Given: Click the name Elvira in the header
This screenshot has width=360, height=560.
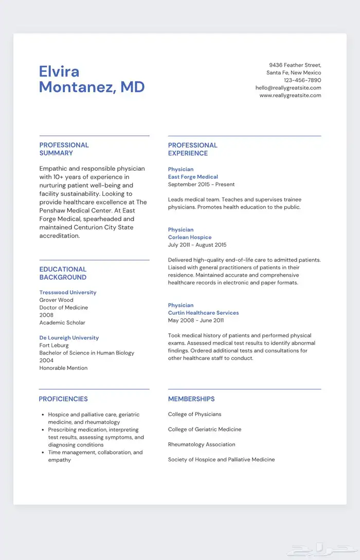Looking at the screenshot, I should [x=59, y=71].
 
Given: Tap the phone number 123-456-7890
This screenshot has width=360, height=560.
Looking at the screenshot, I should [x=302, y=80].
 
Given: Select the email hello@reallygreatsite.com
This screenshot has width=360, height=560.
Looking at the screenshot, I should [x=288, y=88].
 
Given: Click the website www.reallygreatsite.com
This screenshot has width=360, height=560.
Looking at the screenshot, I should [x=290, y=95].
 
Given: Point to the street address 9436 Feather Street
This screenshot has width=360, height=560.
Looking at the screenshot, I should [x=295, y=65].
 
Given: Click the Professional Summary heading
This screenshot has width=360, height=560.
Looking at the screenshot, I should [x=64, y=149].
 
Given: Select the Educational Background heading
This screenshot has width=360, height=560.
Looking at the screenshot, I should [x=63, y=273].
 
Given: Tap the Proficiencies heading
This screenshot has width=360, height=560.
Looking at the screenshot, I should [x=63, y=399].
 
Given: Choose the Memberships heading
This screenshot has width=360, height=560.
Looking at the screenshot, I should [x=191, y=399].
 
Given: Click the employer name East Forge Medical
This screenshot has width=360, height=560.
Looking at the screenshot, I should [x=193, y=177].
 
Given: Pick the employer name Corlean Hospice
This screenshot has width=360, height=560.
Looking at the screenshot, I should [x=190, y=238].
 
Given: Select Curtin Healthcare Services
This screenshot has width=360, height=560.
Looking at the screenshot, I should [x=203, y=313].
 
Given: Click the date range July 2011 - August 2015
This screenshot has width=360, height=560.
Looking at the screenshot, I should [x=197, y=245].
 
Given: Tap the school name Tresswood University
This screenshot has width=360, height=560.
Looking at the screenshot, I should [x=68, y=293].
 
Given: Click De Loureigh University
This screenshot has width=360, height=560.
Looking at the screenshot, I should [x=69, y=338].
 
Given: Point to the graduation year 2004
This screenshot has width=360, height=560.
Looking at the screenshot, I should [x=46, y=360].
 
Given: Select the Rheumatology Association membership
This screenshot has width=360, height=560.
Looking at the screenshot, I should [x=202, y=444].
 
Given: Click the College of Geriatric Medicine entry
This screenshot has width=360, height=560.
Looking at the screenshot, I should [x=205, y=429].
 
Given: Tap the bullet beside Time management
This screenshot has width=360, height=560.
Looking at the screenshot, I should [x=43, y=453].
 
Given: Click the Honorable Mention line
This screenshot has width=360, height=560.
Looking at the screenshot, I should [x=63, y=368].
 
